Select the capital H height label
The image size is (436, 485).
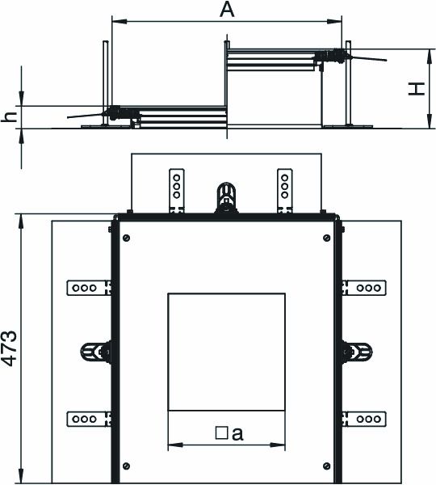(x=415, y=88)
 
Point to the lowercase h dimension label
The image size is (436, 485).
(x=10, y=116)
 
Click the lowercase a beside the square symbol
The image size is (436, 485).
(x=237, y=433)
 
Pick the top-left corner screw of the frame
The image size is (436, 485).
(x=125, y=238)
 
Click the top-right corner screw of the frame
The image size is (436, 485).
(x=325, y=238)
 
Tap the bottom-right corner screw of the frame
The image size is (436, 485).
(x=325, y=466)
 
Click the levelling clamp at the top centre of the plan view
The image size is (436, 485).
(x=226, y=199)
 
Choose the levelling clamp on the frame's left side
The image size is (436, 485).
(x=96, y=352)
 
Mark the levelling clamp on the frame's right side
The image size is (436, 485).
(x=355, y=352)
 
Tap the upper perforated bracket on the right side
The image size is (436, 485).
(x=366, y=287)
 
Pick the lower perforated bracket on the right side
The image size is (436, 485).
(x=366, y=418)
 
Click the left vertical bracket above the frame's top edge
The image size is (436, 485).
(x=174, y=191)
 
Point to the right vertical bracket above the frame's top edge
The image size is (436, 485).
(x=283, y=191)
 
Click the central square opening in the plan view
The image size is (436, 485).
(x=226, y=352)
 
